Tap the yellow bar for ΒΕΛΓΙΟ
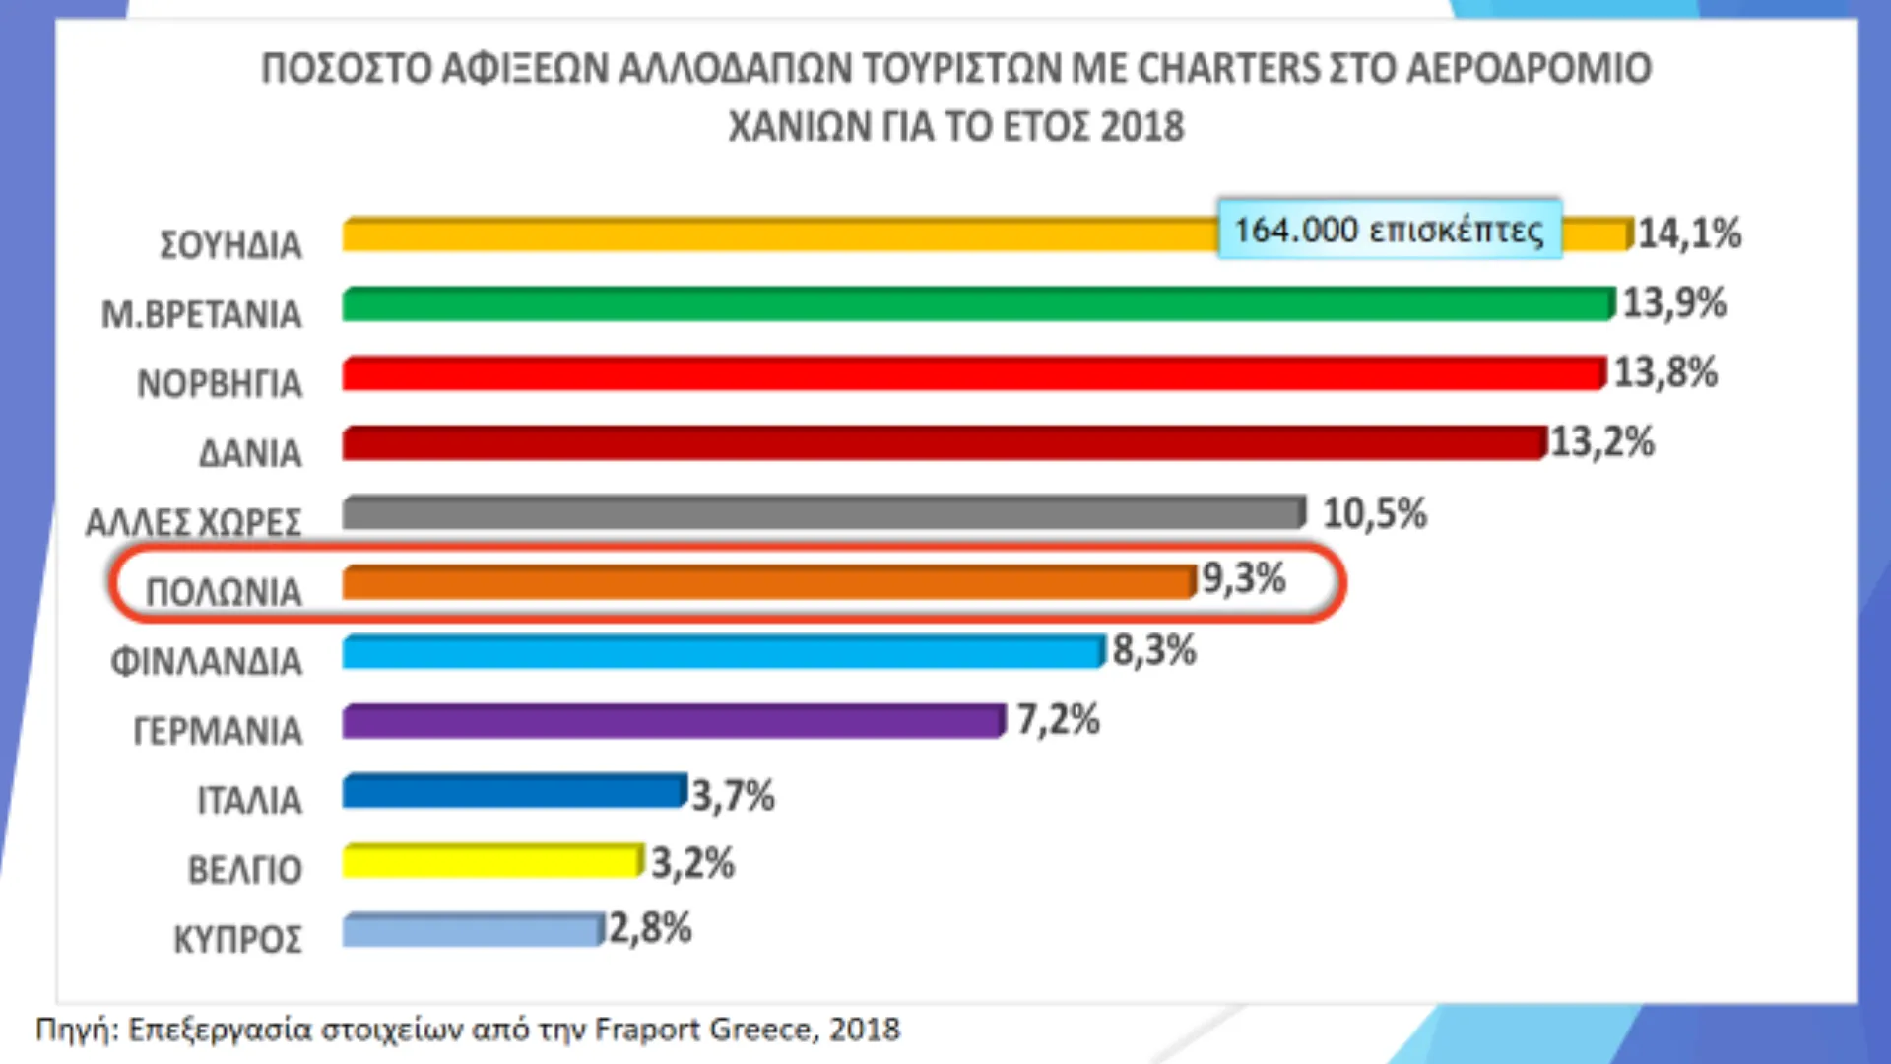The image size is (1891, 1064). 490,861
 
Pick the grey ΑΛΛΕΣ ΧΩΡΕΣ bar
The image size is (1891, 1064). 822,513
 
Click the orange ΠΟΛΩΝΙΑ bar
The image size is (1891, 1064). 768,582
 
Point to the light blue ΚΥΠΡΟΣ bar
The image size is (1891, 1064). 471,930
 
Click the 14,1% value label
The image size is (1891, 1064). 1688,233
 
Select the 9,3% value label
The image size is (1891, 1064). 1243,578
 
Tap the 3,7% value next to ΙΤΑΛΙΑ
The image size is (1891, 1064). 733,796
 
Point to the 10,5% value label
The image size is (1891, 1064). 1374,513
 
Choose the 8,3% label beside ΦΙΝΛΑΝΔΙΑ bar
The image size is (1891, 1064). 1153,650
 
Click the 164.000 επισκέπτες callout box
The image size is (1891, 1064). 1389,230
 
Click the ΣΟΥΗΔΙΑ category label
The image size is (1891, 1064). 230,244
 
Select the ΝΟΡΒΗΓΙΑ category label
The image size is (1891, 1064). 219,383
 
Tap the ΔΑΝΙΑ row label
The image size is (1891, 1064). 250,453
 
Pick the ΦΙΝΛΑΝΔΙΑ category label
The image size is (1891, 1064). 206,661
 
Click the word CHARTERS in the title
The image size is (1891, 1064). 1227,69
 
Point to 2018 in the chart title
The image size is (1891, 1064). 1142,127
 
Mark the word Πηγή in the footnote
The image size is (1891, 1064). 75,1031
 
